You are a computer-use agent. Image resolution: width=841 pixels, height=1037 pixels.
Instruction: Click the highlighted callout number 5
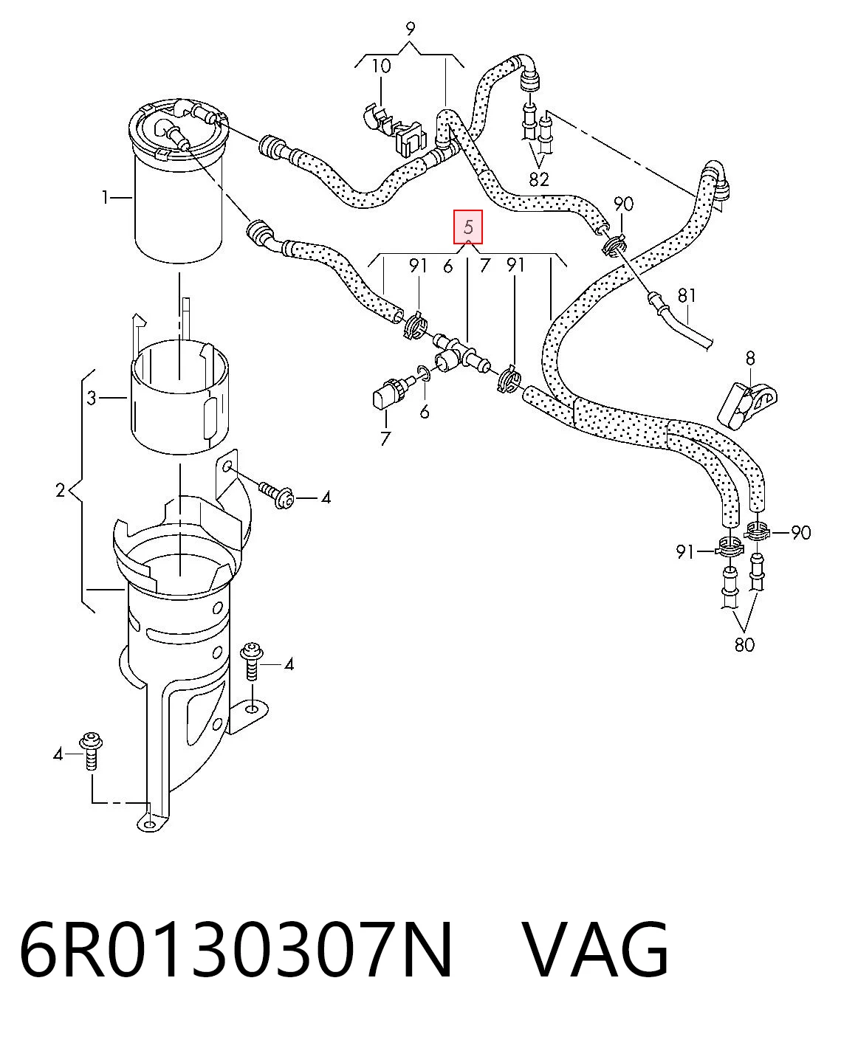[468, 227]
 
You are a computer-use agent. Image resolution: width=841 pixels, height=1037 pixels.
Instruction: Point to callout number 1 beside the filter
[105, 198]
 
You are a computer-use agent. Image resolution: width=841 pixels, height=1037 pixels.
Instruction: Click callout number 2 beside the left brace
[61, 490]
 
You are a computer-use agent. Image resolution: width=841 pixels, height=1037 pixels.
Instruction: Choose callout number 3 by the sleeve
[92, 399]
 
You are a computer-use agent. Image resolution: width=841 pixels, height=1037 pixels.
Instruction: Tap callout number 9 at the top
[410, 30]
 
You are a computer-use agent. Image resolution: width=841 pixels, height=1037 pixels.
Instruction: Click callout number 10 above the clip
[381, 66]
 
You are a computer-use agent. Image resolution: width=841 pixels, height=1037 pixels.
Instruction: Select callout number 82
[539, 179]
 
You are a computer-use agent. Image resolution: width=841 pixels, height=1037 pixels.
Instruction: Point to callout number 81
[687, 295]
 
